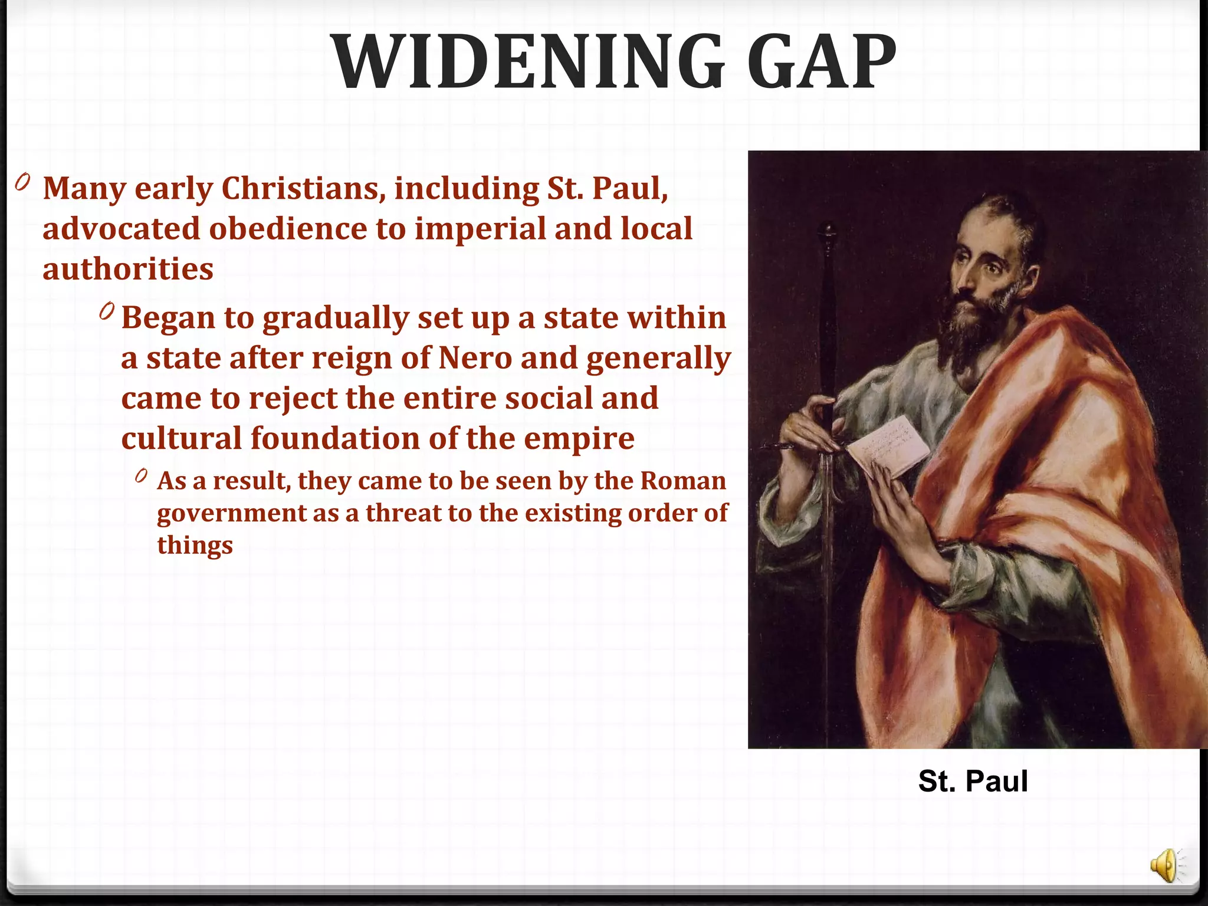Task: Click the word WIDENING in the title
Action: pyautogui.click(x=528, y=63)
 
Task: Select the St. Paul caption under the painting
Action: pyautogui.click(x=973, y=781)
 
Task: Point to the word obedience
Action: pyautogui.click(x=288, y=229)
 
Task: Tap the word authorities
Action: pyautogui.click(x=128, y=269)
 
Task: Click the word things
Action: pyautogui.click(x=195, y=545)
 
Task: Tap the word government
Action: pyautogui.click(x=231, y=513)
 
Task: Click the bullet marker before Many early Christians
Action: pyautogui.click(x=22, y=182)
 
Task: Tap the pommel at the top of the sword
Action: pyautogui.click(x=829, y=231)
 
